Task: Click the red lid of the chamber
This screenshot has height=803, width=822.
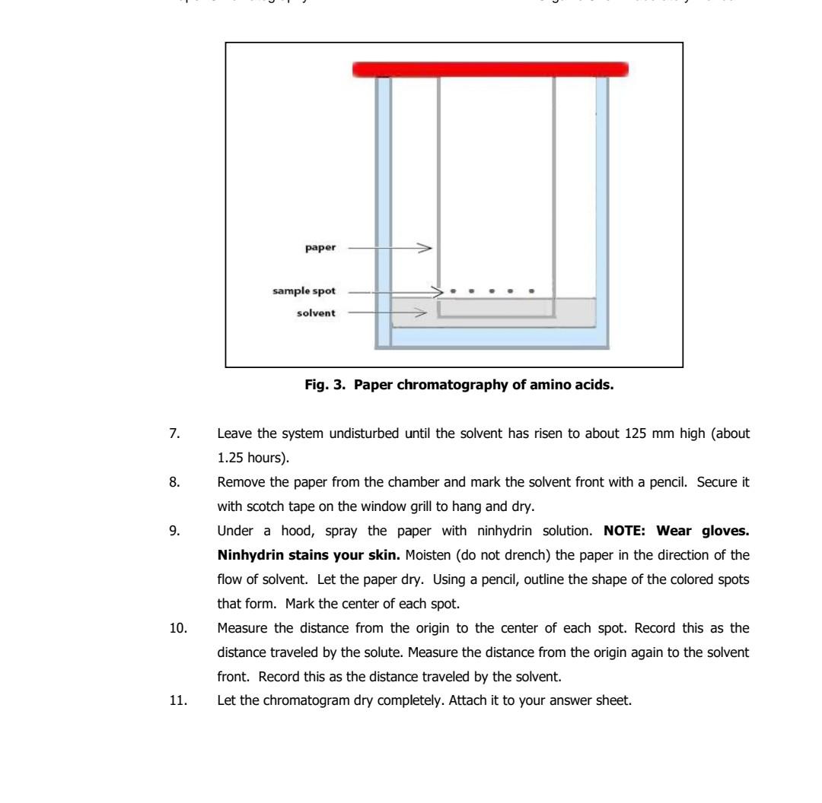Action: coord(490,70)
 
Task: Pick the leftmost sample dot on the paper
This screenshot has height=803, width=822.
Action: coord(454,290)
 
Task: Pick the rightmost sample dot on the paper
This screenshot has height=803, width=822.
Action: coord(531,290)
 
